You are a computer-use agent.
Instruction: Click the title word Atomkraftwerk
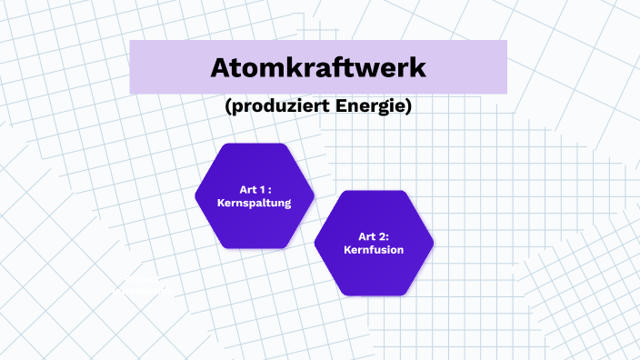tap(318, 67)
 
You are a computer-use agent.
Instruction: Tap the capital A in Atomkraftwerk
tap(222, 67)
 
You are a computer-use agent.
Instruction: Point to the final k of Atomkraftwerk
tap(416, 67)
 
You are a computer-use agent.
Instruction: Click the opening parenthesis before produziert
tap(227, 107)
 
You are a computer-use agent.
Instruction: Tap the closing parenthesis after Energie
tap(410, 107)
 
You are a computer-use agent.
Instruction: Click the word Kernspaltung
tap(255, 204)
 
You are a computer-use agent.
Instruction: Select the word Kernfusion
tap(374, 250)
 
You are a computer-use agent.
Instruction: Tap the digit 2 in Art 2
tap(382, 235)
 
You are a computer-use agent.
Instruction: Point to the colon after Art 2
tap(388, 236)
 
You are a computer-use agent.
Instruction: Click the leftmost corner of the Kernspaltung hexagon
tap(195, 195)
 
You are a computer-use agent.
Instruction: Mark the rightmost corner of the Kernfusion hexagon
tap(434, 243)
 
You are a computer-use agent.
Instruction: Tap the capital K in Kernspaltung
tap(222, 204)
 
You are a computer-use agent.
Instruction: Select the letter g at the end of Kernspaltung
tap(286, 205)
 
